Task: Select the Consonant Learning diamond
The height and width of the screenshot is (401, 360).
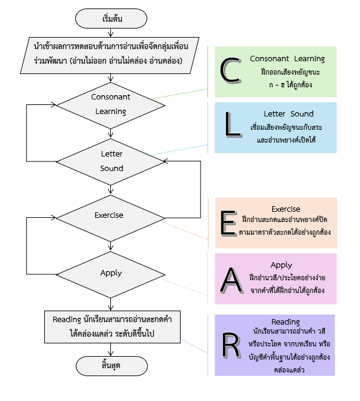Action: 110,104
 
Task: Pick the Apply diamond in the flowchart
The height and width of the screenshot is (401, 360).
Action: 110,273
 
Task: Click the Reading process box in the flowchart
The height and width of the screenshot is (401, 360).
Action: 110,327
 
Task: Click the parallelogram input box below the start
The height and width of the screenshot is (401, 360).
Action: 110,54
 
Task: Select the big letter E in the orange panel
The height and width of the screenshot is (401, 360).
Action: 227,223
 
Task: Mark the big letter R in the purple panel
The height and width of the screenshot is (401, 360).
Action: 231,345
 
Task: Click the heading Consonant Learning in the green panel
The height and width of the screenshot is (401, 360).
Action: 287,59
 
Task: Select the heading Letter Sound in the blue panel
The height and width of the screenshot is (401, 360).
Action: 288,113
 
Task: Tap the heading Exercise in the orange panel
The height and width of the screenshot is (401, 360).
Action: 285,209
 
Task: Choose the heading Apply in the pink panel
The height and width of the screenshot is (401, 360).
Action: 281,265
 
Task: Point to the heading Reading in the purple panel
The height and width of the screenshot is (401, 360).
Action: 285,322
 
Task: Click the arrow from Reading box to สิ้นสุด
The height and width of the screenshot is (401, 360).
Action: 110,349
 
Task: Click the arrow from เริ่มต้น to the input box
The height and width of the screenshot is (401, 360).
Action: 110,33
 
